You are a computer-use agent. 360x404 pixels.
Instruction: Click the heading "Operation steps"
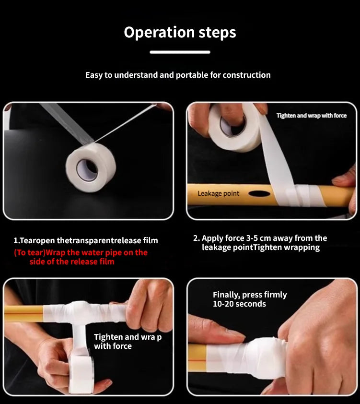click(180, 33)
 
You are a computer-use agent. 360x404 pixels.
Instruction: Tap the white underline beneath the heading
click(180, 52)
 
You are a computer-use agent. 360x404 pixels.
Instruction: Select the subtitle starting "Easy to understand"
click(178, 75)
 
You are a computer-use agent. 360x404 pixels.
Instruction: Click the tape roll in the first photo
click(91, 169)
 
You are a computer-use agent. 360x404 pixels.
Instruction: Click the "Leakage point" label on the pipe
click(218, 194)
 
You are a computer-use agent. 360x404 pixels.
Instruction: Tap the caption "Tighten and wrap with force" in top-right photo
click(311, 116)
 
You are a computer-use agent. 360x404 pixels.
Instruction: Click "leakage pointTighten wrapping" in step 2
click(260, 248)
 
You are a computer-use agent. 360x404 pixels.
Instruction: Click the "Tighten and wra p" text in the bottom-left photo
click(128, 337)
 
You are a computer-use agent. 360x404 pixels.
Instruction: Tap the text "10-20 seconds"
click(239, 304)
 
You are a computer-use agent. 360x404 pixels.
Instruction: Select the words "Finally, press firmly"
click(249, 295)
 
